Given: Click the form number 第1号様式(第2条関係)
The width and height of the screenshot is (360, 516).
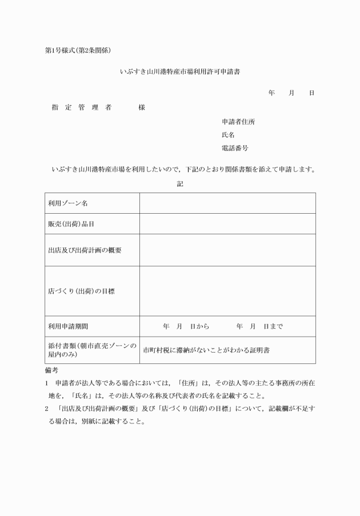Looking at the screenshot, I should click(x=81, y=51).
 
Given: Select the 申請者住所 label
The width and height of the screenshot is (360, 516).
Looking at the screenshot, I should click(x=238, y=122).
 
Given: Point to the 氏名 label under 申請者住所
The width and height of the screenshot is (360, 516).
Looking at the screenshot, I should click(x=228, y=135).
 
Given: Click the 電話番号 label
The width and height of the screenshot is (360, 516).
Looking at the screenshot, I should click(x=235, y=148).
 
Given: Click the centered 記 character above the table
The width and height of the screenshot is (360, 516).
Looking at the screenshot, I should click(x=180, y=184).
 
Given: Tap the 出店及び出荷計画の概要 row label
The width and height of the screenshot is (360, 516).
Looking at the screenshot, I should click(x=85, y=250).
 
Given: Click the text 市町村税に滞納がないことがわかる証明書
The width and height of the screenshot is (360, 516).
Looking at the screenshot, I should click(x=206, y=350).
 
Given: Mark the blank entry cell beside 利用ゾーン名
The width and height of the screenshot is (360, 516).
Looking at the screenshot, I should click(x=227, y=203).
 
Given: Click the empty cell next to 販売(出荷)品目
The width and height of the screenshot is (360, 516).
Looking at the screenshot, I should click(x=227, y=224).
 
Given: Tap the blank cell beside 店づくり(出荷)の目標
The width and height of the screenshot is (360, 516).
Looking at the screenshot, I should click(x=227, y=291).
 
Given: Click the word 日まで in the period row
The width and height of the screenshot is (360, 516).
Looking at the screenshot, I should click(x=273, y=327).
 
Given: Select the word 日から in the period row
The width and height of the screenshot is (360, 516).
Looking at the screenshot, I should click(x=199, y=327).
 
